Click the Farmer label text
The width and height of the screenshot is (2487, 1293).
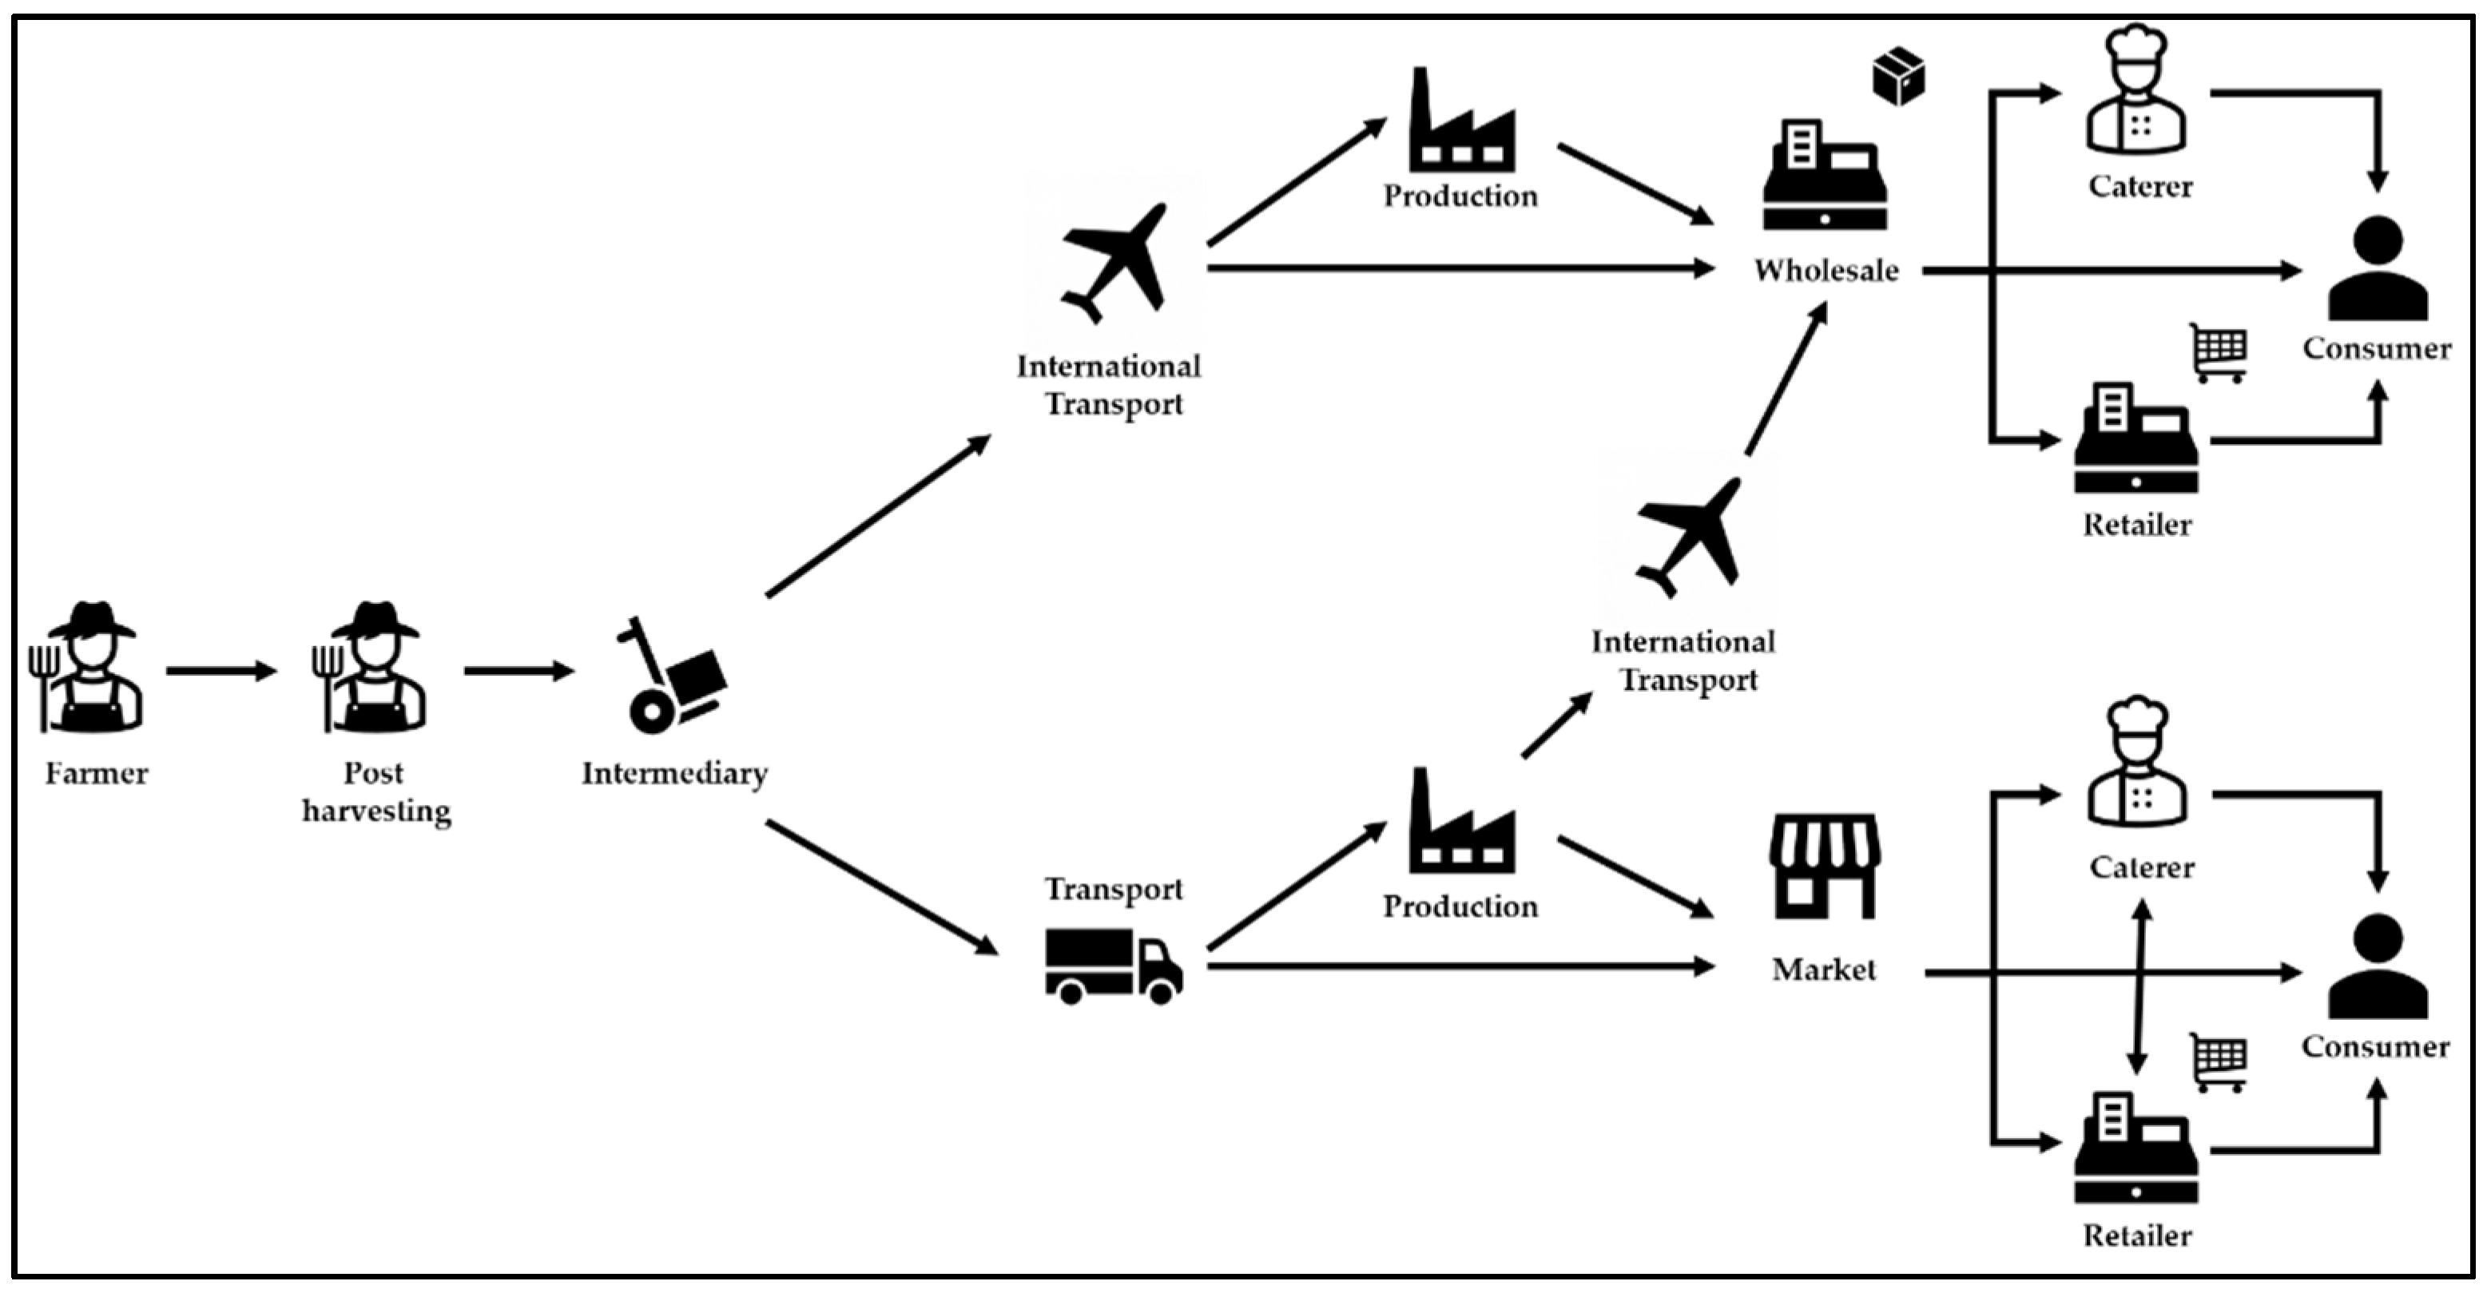click(x=97, y=773)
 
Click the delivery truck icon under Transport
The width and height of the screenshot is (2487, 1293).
click(x=1113, y=965)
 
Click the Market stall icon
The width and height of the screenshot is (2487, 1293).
click(x=1824, y=866)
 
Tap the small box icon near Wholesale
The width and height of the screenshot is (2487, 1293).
click(x=1898, y=76)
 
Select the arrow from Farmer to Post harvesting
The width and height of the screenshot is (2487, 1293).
click(x=221, y=671)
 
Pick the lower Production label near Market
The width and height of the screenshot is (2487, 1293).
click(x=1460, y=906)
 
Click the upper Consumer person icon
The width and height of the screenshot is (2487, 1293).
click(x=2377, y=269)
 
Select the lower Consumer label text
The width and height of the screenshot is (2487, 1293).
click(x=2375, y=1047)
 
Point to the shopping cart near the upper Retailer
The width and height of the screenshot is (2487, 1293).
click(x=2219, y=352)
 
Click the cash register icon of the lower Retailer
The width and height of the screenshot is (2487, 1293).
click(x=2135, y=1148)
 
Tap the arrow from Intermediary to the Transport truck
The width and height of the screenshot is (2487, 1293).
click(x=880, y=886)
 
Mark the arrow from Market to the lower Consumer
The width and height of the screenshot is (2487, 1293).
click(x=2115, y=973)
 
